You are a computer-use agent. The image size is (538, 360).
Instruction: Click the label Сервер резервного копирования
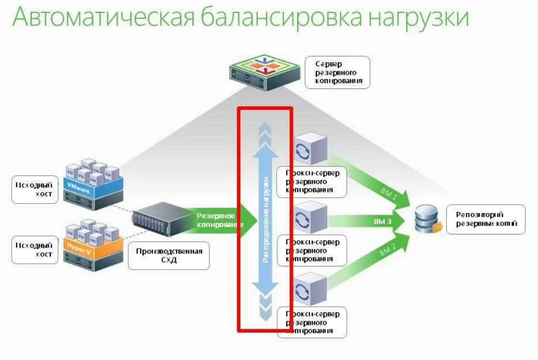(337, 72)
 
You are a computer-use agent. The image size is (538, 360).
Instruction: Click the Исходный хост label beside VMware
(33, 190)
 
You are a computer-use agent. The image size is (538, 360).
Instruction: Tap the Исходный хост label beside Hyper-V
(33, 249)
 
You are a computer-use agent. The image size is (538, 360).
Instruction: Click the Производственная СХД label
(168, 254)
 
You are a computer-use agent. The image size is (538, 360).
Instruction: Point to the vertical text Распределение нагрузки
(266, 220)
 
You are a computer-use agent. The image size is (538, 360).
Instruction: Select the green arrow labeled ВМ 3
(371, 222)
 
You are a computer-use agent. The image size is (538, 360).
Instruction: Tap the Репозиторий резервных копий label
(486, 219)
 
